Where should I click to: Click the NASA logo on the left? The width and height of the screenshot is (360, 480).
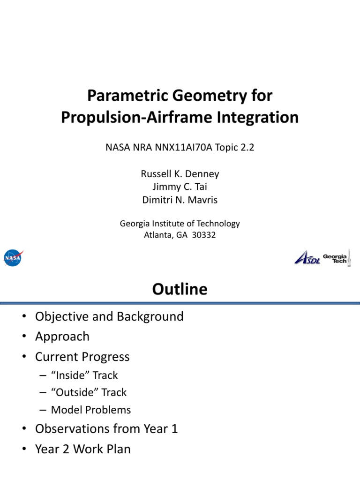13,257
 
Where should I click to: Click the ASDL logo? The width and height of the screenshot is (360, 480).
307,258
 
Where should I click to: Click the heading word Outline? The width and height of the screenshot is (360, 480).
180,289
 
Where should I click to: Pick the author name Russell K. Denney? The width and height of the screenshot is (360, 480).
180,174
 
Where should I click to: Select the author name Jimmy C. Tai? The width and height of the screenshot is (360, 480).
180,187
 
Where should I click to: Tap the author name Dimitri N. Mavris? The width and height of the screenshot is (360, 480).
180,200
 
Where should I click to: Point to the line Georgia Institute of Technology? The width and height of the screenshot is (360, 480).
180,224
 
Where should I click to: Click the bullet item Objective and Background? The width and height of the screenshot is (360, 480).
109,316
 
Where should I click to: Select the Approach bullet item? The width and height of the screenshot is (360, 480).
62,337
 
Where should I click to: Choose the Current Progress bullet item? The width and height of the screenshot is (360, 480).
82,357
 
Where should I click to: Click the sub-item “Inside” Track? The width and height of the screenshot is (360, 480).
84,375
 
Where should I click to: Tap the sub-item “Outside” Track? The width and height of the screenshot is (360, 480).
89,392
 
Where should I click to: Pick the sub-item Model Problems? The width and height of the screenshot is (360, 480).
91,410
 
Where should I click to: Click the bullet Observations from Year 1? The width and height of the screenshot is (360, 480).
106,429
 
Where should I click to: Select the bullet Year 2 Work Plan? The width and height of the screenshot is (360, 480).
82,449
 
